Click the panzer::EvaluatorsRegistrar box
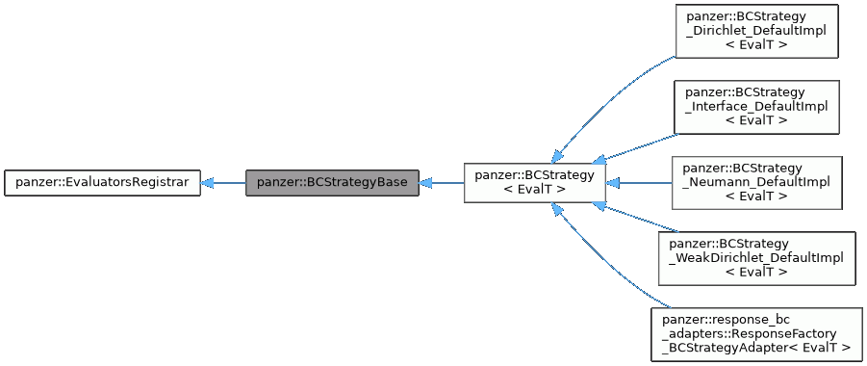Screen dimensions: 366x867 coord(102,182)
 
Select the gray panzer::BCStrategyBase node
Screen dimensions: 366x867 coord(332,182)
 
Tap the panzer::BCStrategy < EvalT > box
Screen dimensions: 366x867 coord(534,182)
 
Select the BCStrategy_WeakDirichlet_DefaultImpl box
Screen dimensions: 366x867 coord(755,257)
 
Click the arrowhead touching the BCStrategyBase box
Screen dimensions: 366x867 coord(426,182)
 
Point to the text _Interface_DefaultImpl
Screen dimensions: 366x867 coord(755,106)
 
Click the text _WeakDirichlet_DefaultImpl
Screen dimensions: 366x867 coord(755,257)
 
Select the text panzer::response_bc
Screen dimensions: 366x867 coord(727,319)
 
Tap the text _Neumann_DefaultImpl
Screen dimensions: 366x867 coord(755,182)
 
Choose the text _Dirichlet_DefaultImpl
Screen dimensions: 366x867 coord(755,31)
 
